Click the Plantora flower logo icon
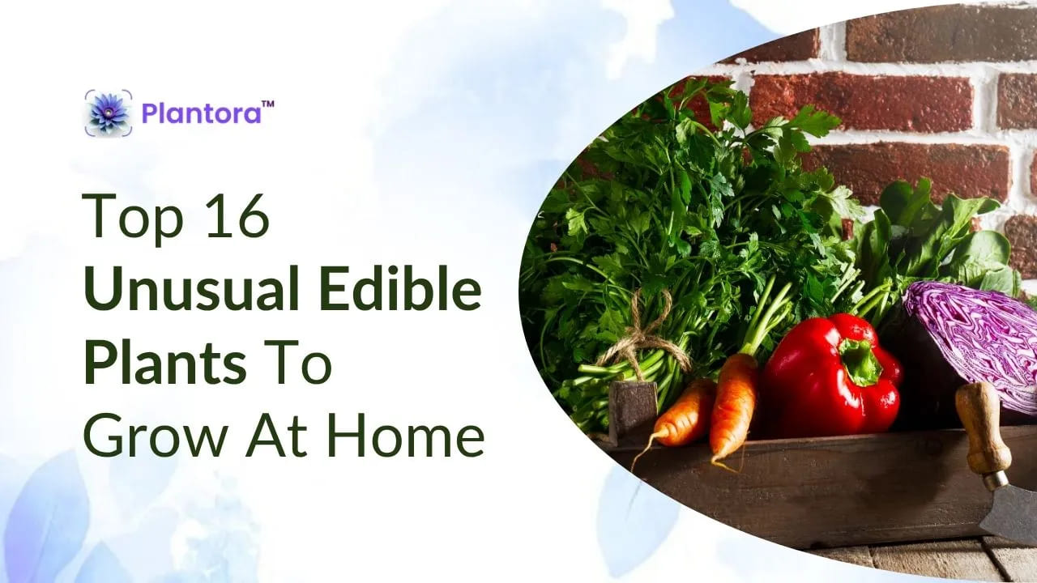coord(108,113)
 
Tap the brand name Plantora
coord(201,113)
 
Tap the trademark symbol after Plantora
coord(268,105)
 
